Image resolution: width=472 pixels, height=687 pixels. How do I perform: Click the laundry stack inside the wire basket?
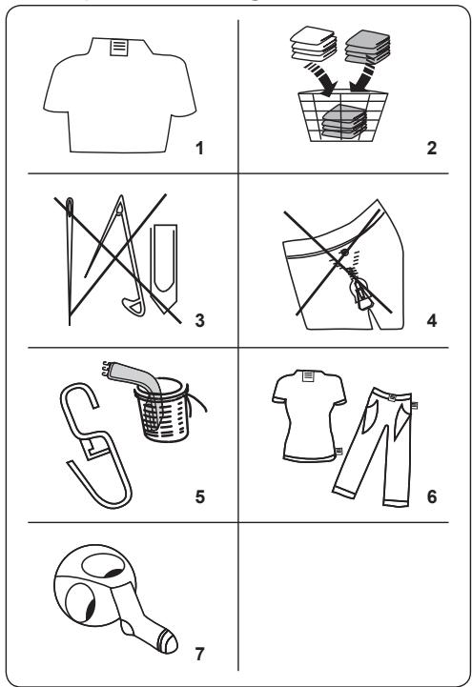[341, 122]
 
